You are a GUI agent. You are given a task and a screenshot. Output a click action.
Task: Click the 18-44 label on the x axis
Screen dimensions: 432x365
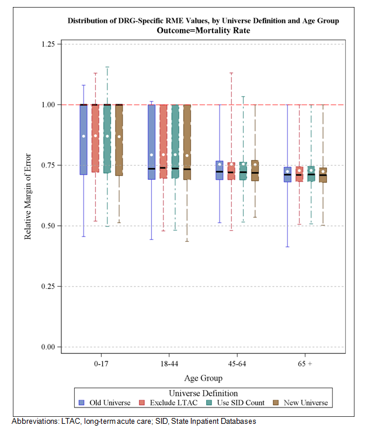169,363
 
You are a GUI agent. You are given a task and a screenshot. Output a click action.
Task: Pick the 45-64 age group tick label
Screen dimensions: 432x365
237,363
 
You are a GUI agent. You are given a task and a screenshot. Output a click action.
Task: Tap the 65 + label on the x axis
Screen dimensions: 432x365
305,363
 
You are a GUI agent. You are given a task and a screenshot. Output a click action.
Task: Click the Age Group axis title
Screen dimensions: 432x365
203,378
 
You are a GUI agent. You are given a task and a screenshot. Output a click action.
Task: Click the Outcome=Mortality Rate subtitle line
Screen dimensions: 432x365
203,30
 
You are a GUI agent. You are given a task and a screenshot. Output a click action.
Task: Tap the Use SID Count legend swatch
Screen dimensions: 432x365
209,403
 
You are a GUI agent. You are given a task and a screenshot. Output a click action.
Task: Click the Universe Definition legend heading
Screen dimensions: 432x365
203,393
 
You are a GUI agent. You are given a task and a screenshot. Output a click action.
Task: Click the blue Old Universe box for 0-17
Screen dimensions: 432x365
84,140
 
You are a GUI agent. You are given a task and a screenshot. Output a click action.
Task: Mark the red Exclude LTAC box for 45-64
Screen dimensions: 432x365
231,171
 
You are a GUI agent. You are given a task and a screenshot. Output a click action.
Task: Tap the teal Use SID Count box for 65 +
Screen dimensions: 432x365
311,174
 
